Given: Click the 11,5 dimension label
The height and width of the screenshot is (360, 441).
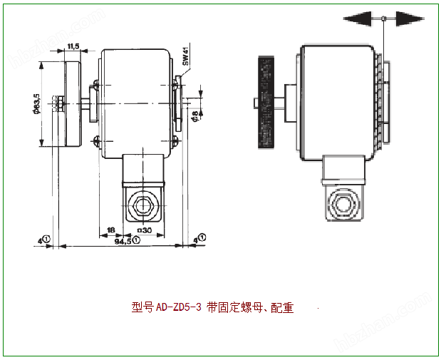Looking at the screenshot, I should pos(73,46).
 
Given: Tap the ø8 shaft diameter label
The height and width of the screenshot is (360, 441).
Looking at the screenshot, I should pos(196,114).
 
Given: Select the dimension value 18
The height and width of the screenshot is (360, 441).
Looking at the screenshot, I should pos(110,230).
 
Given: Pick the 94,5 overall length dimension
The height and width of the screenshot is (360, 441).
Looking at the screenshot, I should pos(123,242).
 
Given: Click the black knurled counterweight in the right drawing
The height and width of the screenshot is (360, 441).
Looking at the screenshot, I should pos(266,103).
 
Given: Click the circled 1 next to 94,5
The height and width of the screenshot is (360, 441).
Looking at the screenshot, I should pos(136,241).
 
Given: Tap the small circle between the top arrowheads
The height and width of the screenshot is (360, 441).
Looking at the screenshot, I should pos(384,19).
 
